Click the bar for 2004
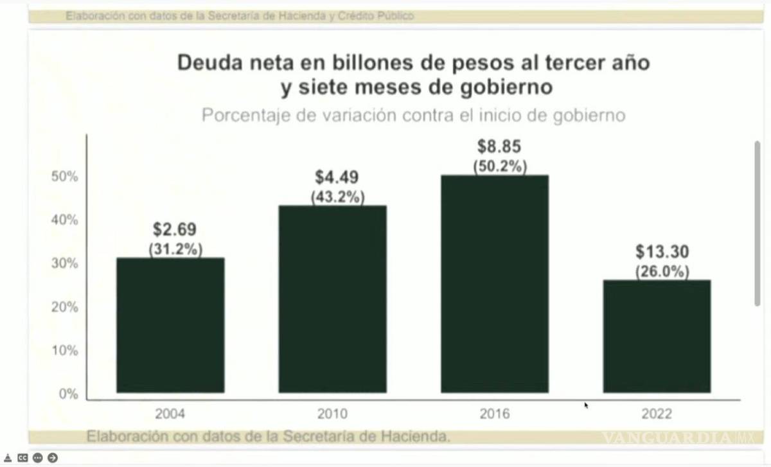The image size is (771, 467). (170, 324)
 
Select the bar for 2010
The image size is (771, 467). (332, 299)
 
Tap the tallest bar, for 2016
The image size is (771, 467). (494, 283)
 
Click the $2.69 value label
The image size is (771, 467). (175, 229)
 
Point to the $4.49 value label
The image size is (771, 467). (337, 177)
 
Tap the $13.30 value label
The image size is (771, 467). (662, 252)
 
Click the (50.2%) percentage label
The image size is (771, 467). (500, 166)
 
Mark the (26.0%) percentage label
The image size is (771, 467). (662, 272)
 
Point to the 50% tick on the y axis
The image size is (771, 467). (64, 177)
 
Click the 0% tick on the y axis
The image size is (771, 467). (68, 394)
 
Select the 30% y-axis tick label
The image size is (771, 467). (64, 263)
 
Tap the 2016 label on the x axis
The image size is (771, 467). (494, 414)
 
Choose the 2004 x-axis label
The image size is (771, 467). (170, 414)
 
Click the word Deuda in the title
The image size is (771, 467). (206, 63)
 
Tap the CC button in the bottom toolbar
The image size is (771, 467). (23, 458)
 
